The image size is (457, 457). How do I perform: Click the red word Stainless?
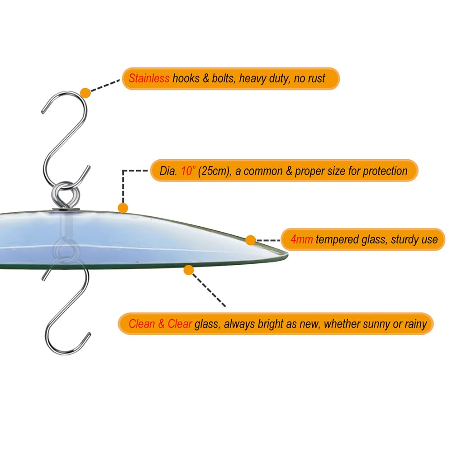[149, 78]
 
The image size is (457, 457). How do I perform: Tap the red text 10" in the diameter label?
[188, 171]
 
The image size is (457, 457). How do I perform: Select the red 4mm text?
[302, 239]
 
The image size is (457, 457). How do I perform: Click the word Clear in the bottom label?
[180, 324]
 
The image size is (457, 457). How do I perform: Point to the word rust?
[317, 78]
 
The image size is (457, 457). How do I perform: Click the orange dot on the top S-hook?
[86, 93]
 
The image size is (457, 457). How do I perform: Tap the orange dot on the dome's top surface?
[123, 208]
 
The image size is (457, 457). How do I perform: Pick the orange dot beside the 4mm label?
[251, 240]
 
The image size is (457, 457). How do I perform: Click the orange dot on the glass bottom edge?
[189, 270]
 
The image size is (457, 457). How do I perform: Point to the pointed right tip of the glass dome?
[288, 255]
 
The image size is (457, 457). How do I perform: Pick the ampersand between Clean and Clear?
[161, 324]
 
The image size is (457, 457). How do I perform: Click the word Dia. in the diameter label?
[168, 171]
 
